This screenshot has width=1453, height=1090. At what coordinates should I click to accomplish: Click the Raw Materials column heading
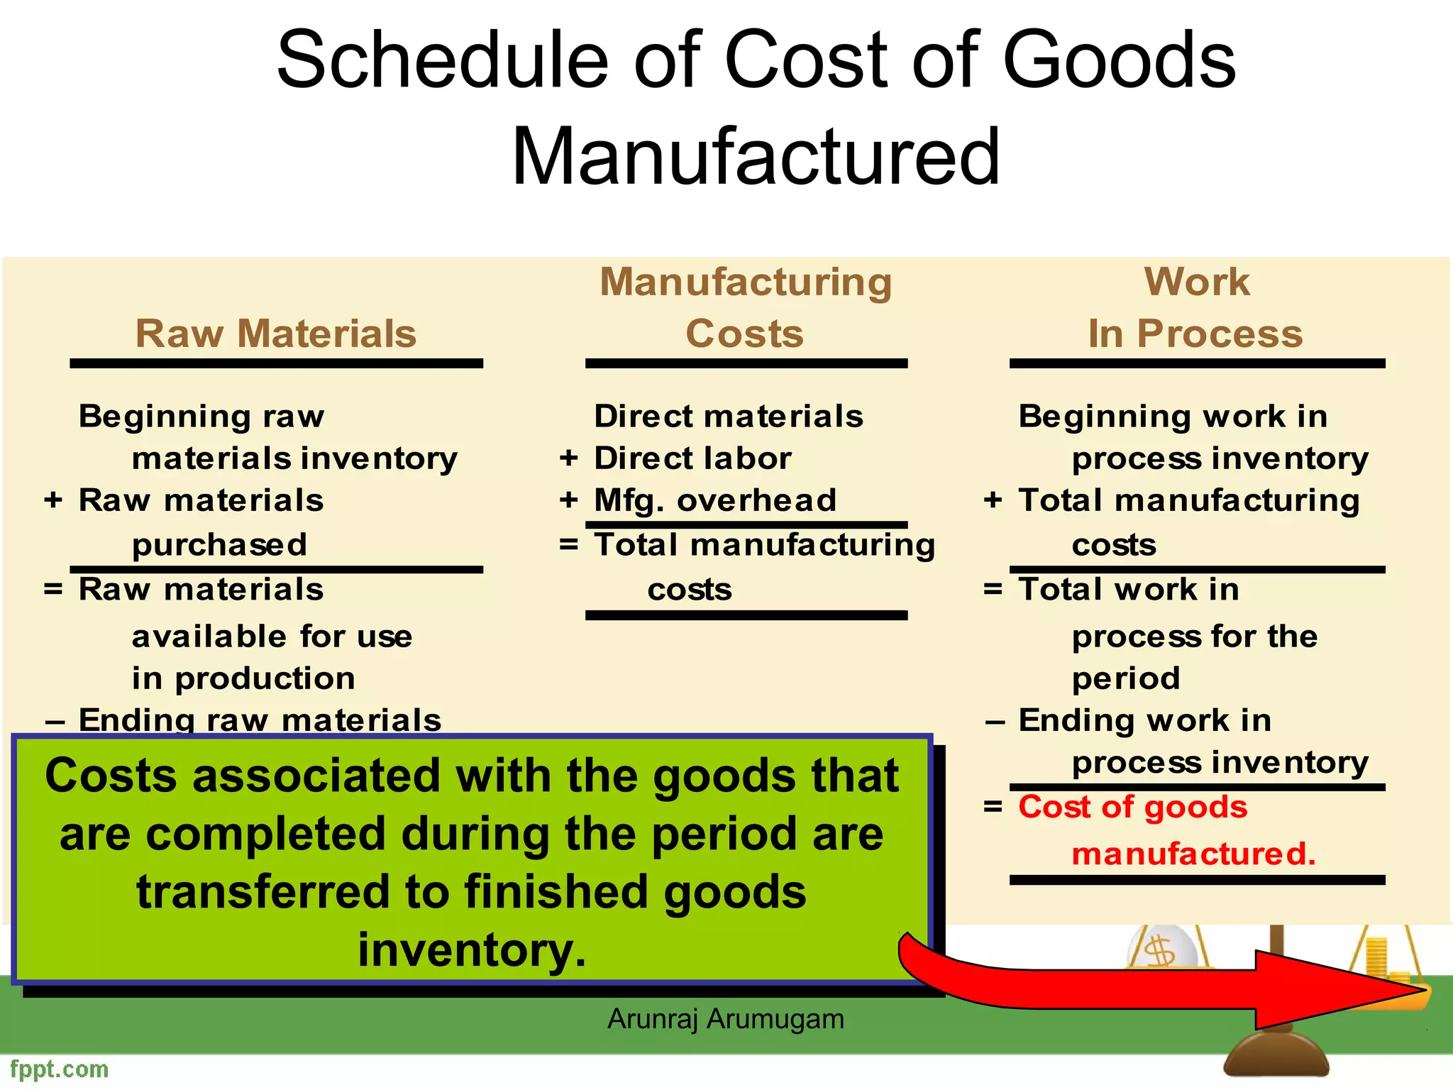[x=275, y=334]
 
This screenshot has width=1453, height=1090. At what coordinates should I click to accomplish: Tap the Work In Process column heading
[x=1196, y=308]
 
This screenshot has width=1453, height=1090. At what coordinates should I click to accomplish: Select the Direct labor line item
[x=692, y=458]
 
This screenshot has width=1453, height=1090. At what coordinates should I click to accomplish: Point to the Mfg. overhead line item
[x=715, y=500]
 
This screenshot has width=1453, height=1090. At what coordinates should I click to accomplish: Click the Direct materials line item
[x=729, y=417]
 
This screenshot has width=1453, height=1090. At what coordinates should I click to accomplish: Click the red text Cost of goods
[x=1132, y=807]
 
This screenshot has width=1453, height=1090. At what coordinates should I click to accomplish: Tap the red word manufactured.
[x=1193, y=853]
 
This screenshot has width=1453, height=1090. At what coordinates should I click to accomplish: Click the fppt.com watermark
[x=60, y=1069]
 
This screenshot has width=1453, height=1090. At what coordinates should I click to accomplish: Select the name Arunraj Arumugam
[x=726, y=1019]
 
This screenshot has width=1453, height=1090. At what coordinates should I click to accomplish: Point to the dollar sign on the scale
[x=1161, y=950]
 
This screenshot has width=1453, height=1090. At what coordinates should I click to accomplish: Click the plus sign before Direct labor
[x=568, y=458]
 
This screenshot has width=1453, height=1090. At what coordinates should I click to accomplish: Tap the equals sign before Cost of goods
[x=993, y=807]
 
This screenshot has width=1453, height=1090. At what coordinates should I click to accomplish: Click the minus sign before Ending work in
[x=995, y=722]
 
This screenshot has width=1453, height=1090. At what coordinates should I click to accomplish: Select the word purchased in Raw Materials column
[x=219, y=545]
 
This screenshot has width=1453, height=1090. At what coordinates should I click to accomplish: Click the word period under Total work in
[x=1126, y=678]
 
